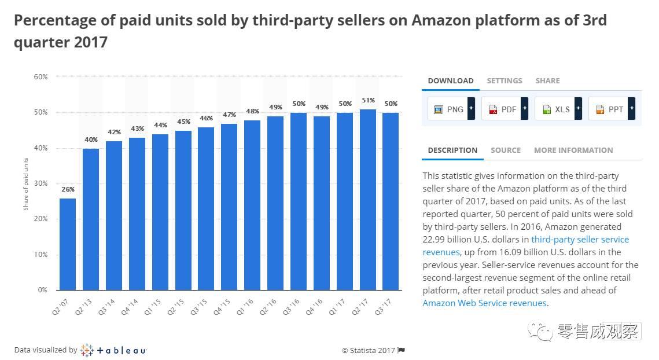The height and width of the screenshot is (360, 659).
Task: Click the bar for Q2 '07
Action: click(x=68, y=244)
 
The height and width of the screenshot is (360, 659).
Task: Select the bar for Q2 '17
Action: click(x=368, y=200)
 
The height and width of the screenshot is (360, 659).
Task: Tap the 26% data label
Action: click(x=68, y=189)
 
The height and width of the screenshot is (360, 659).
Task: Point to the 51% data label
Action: click(x=368, y=100)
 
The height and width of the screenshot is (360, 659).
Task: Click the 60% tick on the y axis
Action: click(x=41, y=77)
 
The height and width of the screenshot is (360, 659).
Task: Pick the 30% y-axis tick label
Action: click(x=41, y=183)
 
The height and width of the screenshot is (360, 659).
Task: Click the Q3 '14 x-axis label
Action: click(x=106, y=307)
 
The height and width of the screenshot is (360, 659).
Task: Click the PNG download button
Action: click(x=451, y=109)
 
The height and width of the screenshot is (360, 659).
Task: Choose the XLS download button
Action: click(x=558, y=109)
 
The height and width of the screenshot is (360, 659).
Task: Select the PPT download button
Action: click(x=612, y=109)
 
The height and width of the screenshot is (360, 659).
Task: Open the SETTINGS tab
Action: click(x=505, y=81)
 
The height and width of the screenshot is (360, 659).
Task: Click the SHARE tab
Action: click(x=548, y=81)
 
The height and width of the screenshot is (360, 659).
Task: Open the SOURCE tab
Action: click(x=506, y=150)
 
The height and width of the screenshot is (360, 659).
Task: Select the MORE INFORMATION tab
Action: click(x=573, y=150)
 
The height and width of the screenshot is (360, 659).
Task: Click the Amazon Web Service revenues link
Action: click(x=485, y=303)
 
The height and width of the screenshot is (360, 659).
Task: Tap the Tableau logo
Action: click(x=113, y=350)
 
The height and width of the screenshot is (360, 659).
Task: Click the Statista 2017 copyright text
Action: click(x=369, y=350)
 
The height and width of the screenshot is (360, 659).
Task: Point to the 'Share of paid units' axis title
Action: click(x=25, y=184)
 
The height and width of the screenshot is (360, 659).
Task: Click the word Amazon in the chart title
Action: click(x=441, y=20)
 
